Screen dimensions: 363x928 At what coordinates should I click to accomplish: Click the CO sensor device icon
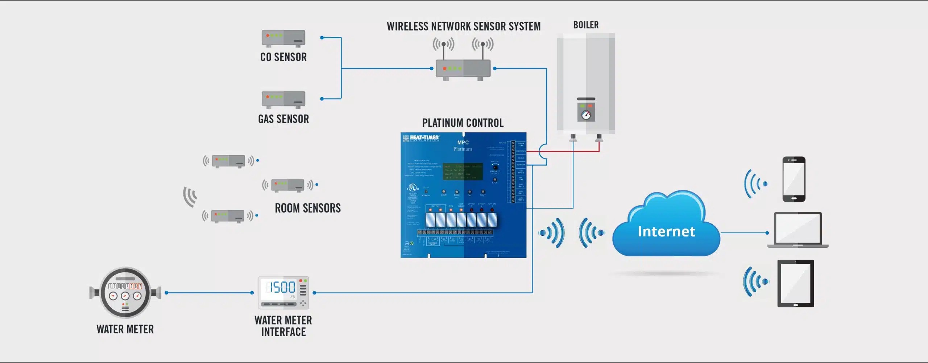point(283,38)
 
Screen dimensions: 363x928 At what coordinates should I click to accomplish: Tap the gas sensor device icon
point(283,99)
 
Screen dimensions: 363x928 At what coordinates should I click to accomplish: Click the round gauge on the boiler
point(586,115)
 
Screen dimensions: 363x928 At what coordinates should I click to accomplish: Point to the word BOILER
point(586,25)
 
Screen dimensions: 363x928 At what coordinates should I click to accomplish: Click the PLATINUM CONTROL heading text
point(463,123)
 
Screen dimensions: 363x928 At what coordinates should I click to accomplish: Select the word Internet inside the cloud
point(666,231)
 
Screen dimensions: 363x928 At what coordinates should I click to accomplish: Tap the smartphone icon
point(794,179)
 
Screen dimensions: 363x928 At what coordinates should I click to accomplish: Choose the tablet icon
point(795,283)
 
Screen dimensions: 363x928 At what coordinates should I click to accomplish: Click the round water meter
point(125,292)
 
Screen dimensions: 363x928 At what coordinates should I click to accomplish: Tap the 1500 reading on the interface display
point(281,288)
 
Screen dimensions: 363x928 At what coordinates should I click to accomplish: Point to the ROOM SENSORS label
point(307,208)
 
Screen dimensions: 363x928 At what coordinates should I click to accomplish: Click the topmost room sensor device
point(228,161)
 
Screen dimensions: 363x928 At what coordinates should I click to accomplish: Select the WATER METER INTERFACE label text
point(283,326)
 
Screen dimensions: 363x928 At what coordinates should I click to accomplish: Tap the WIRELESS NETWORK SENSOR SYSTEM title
point(463,26)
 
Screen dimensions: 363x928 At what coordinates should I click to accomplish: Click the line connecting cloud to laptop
point(743,233)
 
